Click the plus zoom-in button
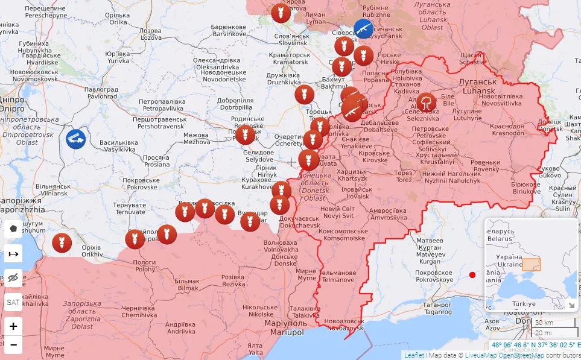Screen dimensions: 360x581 pos(13,326)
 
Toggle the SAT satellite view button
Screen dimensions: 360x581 pos(13,302)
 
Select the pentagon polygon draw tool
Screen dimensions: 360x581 pos(13,229)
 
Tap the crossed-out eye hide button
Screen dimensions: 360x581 pos(13,277)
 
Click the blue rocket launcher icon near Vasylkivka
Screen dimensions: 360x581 pos(76,139)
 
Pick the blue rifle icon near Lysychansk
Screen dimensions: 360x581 pos(363,28)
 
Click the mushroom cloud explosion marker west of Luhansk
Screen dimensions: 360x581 pos(427,103)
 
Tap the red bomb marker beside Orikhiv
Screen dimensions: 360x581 pos(62,243)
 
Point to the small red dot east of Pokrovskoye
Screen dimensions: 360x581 pos(472,275)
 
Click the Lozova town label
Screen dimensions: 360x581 pos(150,34)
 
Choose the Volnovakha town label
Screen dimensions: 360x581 pos(281,246)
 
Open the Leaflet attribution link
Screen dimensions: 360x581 pos(413,355)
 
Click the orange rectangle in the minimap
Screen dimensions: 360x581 pos(531,265)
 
